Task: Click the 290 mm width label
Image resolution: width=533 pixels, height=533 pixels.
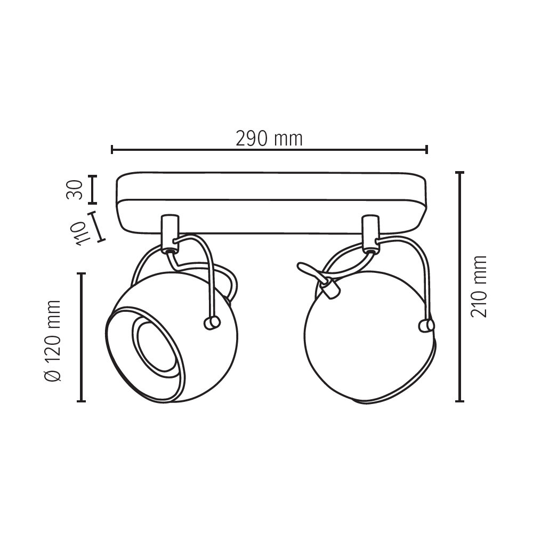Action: pyautogui.click(x=269, y=139)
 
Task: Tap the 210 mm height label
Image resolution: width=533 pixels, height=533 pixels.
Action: pyautogui.click(x=479, y=287)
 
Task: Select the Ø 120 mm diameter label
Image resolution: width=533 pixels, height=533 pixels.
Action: pyautogui.click(x=53, y=341)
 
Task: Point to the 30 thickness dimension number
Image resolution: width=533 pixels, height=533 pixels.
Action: pyautogui.click(x=75, y=190)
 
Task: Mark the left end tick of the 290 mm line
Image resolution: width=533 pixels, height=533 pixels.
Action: pyautogui.click(x=112, y=149)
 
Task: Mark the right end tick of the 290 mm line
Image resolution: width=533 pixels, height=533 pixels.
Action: pyautogui.click(x=426, y=149)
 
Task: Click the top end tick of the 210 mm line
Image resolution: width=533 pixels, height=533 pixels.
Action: pyautogui.click(x=459, y=173)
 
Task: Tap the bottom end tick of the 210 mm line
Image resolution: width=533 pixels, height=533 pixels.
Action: pyautogui.click(x=459, y=401)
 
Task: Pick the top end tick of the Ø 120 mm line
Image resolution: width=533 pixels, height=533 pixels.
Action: pyautogui.click(x=81, y=273)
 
